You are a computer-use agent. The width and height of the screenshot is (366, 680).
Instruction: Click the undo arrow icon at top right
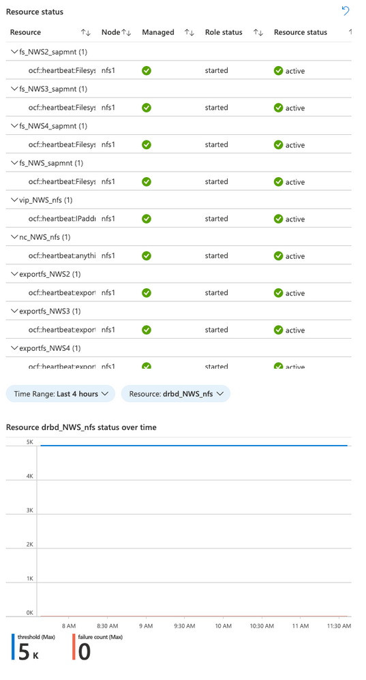point(346,11)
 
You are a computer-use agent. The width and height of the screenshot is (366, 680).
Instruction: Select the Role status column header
point(224,32)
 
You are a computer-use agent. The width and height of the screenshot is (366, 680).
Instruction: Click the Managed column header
point(157,32)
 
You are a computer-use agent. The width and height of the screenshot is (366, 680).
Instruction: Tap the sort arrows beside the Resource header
point(85,32)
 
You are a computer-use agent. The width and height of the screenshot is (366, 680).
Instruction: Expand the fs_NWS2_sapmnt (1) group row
point(15,52)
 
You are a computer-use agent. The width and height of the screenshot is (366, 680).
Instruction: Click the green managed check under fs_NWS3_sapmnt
point(147,108)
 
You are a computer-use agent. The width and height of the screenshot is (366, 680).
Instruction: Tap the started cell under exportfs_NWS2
point(216,292)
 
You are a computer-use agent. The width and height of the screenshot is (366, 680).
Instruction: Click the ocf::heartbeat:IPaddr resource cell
point(61,219)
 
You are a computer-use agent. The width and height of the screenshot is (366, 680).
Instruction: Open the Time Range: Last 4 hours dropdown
point(61,394)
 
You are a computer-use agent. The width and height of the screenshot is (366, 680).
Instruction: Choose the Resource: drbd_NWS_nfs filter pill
point(175,394)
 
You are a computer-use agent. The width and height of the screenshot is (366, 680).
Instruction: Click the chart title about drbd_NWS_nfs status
point(81,427)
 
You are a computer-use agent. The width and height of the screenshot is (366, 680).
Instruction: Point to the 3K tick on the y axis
point(29,510)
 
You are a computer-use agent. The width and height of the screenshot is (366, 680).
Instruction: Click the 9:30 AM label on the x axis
point(185,625)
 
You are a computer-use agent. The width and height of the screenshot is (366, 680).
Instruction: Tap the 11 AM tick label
point(300,625)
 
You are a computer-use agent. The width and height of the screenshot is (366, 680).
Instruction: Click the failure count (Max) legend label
point(95,636)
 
